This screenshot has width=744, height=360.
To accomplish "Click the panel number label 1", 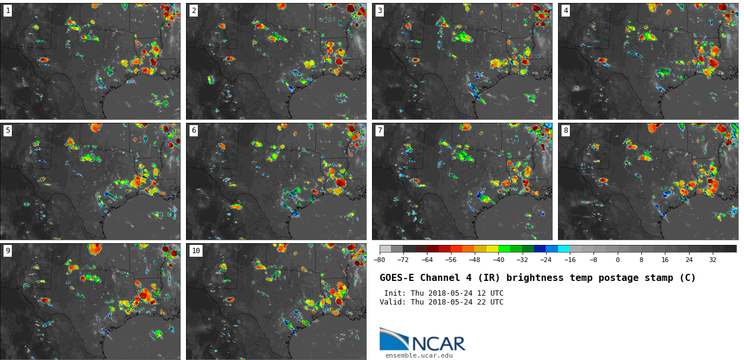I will point(8,11).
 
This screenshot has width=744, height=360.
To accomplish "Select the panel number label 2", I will point(194,11).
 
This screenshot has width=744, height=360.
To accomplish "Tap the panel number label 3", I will point(380,11).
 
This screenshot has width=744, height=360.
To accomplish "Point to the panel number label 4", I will point(566,11).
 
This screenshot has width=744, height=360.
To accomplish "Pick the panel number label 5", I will point(8,131).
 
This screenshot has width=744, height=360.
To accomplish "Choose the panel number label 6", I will point(194,131).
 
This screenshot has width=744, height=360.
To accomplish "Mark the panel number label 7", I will point(380,131).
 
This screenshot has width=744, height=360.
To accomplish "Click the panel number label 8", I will point(566,131).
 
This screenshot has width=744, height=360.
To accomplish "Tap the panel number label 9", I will point(8,251).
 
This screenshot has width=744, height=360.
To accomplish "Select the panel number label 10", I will point(196,251).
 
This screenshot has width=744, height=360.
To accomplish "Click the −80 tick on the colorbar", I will point(380,260).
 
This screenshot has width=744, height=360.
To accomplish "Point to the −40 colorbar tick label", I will point(498,260).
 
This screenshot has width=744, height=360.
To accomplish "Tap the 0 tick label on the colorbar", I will point(618,260).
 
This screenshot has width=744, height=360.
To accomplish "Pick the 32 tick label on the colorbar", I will point(713,260).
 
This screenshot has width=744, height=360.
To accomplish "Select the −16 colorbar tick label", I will point(570,260).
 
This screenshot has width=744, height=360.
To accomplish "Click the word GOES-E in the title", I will point(397,278).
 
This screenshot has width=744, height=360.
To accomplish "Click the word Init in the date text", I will point(393,293).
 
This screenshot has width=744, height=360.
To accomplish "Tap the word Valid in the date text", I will point(391,302).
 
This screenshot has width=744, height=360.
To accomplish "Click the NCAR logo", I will point(422,341).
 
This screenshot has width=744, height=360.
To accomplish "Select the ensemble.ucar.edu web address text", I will point(419,356).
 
